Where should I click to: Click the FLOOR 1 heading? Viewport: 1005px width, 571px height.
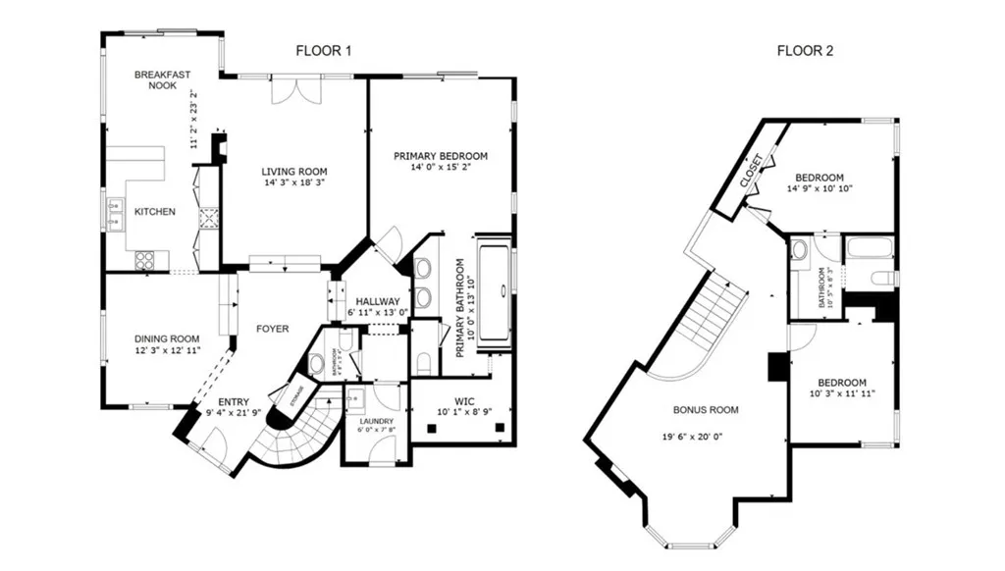pyautogui.click(x=324, y=50)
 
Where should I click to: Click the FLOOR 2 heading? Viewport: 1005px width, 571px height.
pyautogui.click(x=805, y=50)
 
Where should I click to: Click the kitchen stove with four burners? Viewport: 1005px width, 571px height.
pyautogui.click(x=144, y=260)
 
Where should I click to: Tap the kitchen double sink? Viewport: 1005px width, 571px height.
pyautogui.click(x=115, y=213)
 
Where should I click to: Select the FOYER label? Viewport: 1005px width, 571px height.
pyautogui.click(x=272, y=329)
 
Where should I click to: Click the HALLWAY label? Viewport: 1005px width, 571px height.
pyautogui.click(x=377, y=301)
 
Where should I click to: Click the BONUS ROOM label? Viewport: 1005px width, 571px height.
pyautogui.click(x=705, y=410)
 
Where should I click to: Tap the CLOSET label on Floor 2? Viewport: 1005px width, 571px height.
pyautogui.click(x=751, y=173)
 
